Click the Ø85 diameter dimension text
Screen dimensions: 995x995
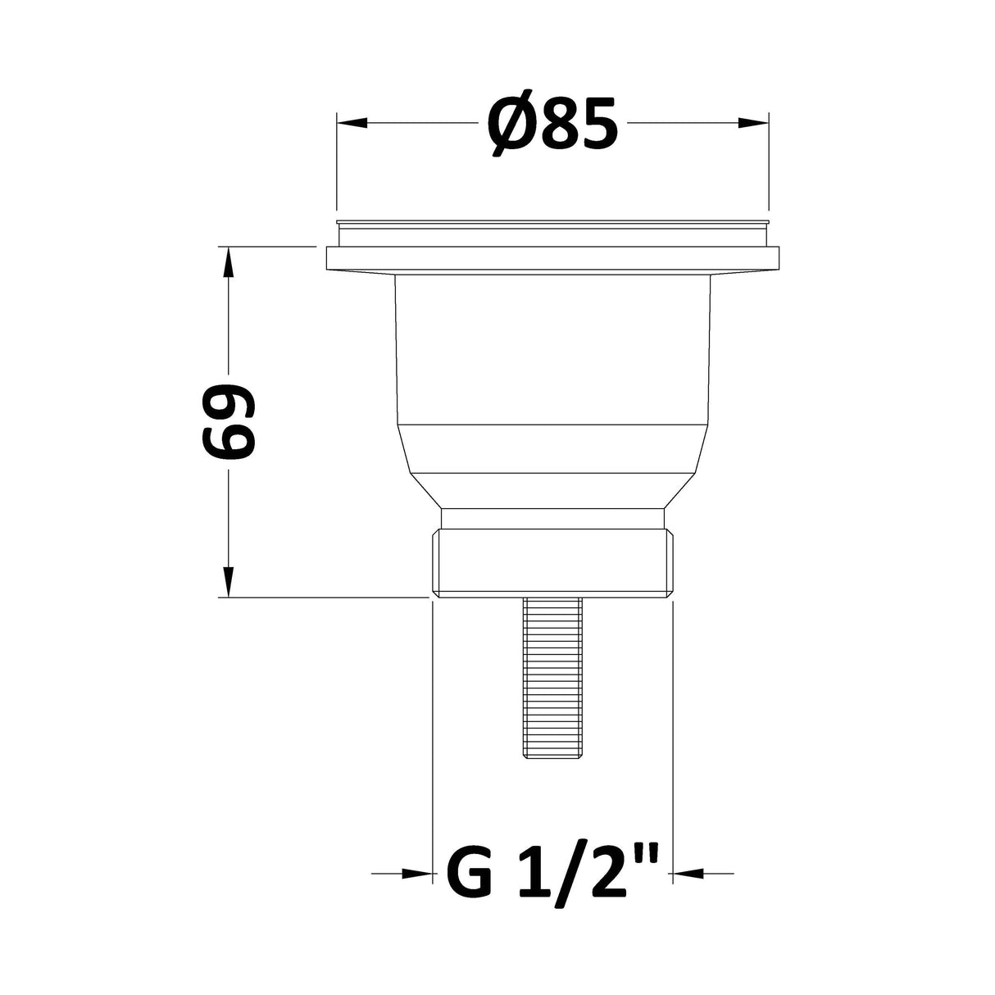pyautogui.click(x=553, y=123)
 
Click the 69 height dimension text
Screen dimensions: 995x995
pyautogui.click(x=229, y=422)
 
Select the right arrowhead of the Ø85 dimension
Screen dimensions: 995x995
pyautogui.click(x=754, y=123)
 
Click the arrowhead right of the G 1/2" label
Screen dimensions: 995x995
pyautogui.click(x=688, y=875)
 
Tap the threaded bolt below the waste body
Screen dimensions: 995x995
pyautogui.click(x=552, y=680)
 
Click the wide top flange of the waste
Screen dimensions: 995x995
pyautogui.click(x=552, y=259)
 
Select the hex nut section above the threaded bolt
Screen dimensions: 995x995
pyautogui.click(x=552, y=564)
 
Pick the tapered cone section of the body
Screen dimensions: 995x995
pyautogui.click(x=552, y=467)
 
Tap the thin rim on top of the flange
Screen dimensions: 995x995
pyautogui.click(x=552, y=223)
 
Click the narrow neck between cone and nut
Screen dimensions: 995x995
pyautogui.click(x=552, y=519)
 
